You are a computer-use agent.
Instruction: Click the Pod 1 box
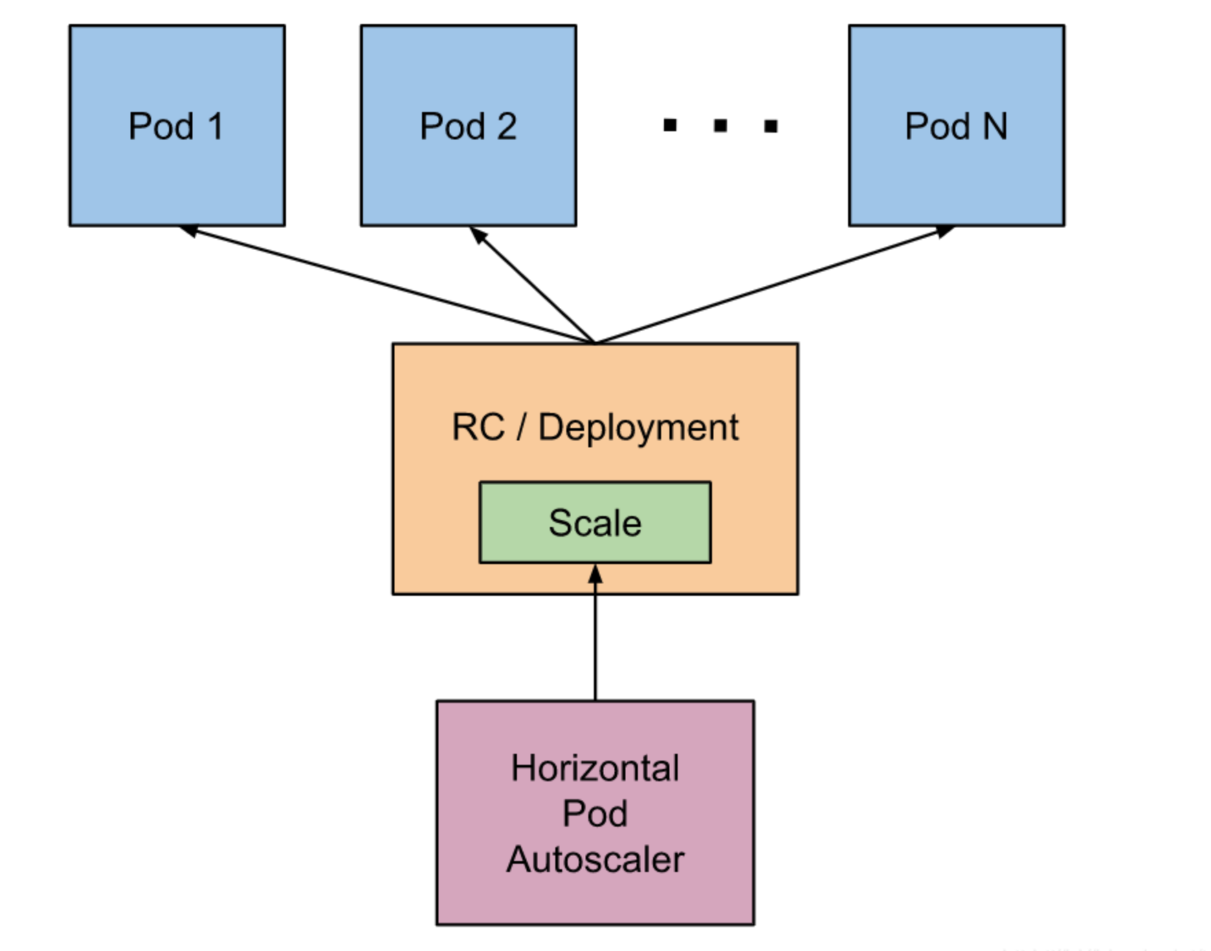177,125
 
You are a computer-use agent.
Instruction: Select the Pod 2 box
468,125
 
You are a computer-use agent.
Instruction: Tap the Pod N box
956,125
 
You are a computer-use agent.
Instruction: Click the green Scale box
595,522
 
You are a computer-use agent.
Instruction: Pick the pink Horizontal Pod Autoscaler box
595,813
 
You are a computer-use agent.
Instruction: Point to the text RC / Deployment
595,427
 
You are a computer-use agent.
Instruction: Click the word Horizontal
595,768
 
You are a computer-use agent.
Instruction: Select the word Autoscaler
595,860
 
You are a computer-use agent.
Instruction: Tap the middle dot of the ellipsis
720,126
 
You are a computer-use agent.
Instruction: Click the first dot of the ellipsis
670,125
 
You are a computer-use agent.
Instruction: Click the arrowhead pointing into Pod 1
188,231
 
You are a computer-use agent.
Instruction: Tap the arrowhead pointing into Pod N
945,231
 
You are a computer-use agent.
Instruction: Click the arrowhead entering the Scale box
595,574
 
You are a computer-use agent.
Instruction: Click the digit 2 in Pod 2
507,126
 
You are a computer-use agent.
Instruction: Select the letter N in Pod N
995,126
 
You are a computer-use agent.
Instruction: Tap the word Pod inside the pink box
595,814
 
